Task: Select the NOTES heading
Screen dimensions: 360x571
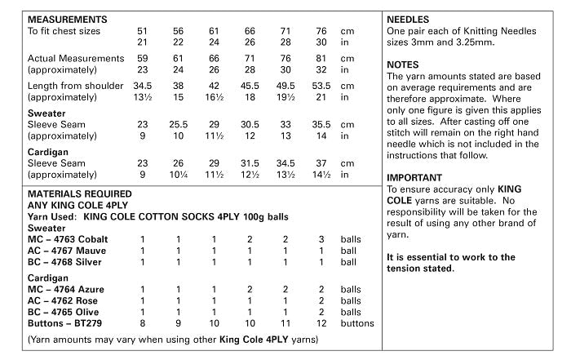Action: [x=403, y=64]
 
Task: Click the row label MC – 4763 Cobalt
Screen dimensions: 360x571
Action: [x=70, y=239]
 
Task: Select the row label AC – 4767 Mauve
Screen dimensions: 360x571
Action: [x=70, y=251]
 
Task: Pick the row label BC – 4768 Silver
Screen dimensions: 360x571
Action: [x=69, y=262]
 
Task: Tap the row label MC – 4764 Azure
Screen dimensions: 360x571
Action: [x=68, y=289]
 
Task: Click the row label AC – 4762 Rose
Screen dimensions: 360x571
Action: [x=67, y=300]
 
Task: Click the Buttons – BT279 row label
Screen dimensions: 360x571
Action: [x=68, y=323]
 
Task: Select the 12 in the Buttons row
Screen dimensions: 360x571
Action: [x=321, y=323]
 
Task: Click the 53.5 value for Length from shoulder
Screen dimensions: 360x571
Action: [x=321, y=85]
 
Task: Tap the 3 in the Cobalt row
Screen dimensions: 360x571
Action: [x=321, y=239]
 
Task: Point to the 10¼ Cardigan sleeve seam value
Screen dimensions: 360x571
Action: [x=179, y=174]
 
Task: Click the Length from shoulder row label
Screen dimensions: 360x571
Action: [x=74, y=85]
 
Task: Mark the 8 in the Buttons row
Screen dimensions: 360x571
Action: [x=143, y=323]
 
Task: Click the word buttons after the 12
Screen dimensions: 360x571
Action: [x=359, y=323]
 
